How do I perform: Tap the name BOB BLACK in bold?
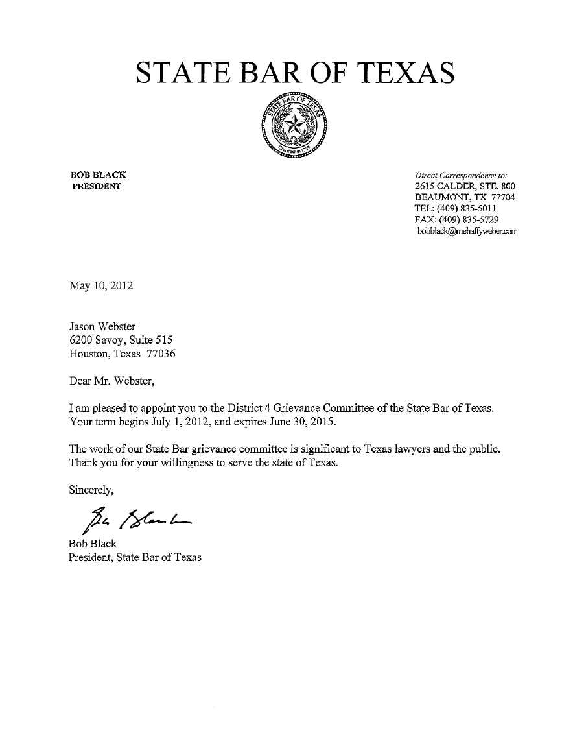coord(98,174)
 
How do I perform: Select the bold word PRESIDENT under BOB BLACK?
coord(96,187)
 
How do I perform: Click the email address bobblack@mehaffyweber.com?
coord(467,231)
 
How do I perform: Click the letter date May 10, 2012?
coord(100,285)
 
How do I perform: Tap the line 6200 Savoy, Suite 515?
coord(121,340)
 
